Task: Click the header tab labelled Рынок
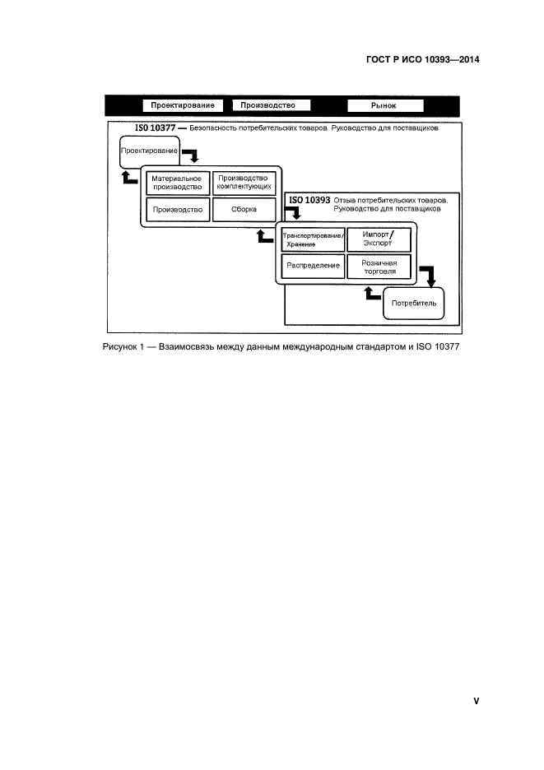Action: tap(384, 105)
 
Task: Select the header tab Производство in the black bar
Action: tap(269, 105)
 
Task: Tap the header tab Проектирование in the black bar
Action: tap(183, 105)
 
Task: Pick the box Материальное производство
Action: tap(177, 183)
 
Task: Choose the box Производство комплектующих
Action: tap(243, 183)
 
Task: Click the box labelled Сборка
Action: tap(243, 210)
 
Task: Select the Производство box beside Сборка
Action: tap(177, 210)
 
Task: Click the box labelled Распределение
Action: tap(312, 267)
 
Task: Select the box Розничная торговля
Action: tap(377, 267)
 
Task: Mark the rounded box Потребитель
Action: tap(413, 303)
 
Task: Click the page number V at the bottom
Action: tap(476, 701)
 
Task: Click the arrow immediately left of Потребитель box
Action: tap(372, 294)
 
